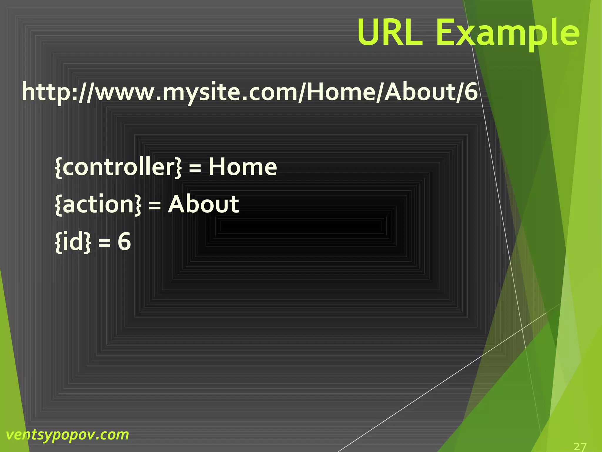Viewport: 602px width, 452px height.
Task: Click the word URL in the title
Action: click(390, 32)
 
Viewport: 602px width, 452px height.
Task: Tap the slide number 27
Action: click(580, 446)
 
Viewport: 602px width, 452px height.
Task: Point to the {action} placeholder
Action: click(98, 204)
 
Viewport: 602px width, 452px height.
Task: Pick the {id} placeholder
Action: click(73, 242)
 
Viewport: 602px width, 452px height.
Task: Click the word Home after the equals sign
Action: click(243, 167)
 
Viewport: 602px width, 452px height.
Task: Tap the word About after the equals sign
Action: click(203, 204)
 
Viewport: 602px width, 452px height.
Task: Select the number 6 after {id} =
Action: click(124, 242)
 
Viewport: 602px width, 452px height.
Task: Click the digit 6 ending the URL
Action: click(471, 92)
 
